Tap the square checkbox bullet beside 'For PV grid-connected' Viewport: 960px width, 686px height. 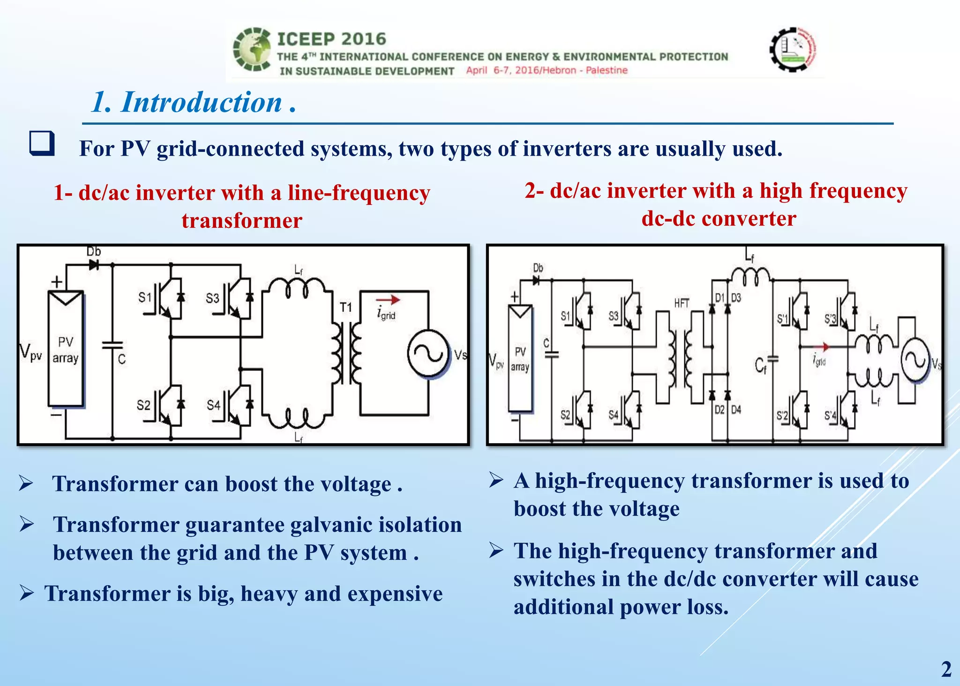tap(42, 143)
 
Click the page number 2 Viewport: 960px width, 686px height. tap(946, 669)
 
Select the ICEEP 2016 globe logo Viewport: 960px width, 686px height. tap(252, 49)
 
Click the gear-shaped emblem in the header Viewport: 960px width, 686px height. tap(793, 49)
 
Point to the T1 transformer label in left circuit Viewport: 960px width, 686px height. tap(345, 308)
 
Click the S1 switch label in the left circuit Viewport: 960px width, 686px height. tap(145, 297)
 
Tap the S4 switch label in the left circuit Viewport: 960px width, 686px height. tap(213, 405)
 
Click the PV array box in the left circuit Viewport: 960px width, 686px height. tap(66, 349)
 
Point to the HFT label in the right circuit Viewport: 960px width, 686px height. tap(682, 303)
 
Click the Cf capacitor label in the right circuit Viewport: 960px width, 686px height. tap(760, 365)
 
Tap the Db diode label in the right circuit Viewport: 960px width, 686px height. tap(538, 268)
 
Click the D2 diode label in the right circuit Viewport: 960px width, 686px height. tap(719, 410)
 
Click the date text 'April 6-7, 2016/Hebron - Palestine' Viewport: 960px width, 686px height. tap(547, 70)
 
